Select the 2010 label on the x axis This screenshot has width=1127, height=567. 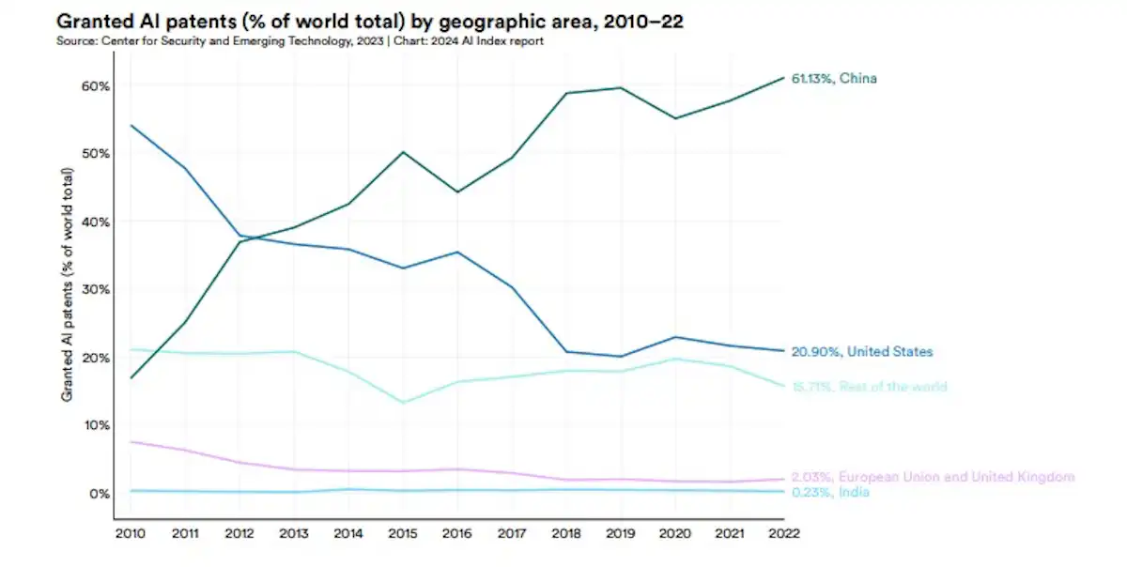pos(130,533)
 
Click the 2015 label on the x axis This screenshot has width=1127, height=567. pos(403,533)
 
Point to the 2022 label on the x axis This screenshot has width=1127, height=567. pos(784,533)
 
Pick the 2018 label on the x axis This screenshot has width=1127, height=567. pos(566,533)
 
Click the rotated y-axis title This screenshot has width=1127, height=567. pos(68,284)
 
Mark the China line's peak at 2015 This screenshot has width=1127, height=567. pos(403,152)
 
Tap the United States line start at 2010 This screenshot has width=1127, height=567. pos(131,126)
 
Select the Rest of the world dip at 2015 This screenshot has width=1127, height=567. pos(403,403)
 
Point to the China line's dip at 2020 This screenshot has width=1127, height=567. pos(675,118)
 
